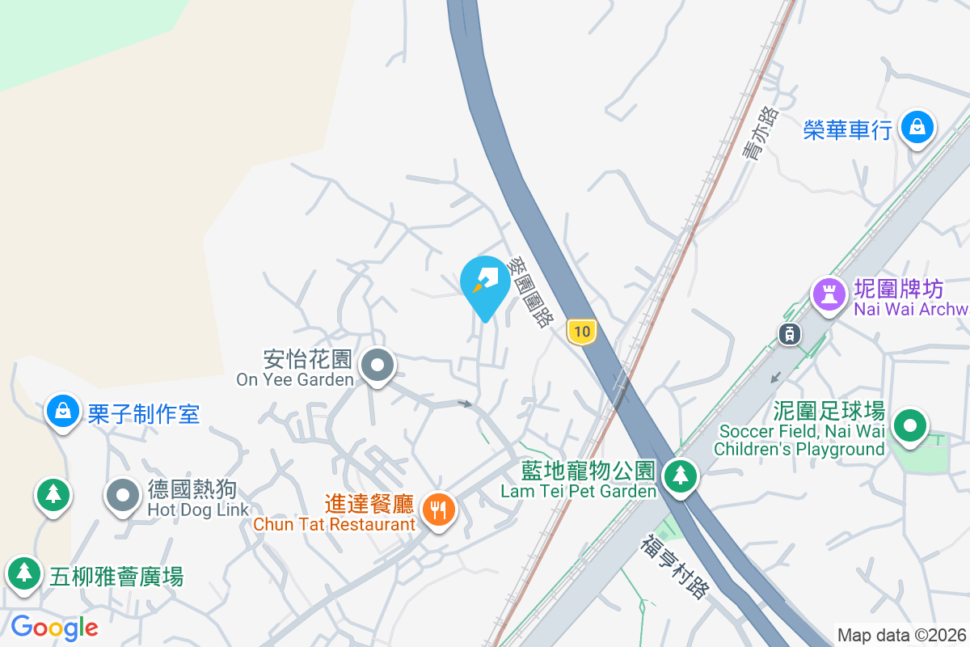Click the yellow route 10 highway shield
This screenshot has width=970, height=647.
tap(581, 331)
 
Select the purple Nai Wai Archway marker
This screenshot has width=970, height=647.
tap(829, 292)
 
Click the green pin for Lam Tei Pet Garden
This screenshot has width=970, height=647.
tap(681, 476)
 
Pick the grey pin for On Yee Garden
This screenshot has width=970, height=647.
tap(377, 365)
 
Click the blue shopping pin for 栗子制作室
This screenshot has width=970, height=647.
tap(62, 411)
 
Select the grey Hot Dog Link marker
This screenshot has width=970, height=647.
tap(123, 495)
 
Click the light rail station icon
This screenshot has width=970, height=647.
tap(790, 332)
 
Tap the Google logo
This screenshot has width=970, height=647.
tap(55, 627)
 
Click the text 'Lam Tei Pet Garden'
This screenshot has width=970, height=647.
tap(578, 491)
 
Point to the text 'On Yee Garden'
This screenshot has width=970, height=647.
tap(295, 379)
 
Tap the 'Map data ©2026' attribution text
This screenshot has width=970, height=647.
tap(901, 635)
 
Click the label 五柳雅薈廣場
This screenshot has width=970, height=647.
tap(116, 577)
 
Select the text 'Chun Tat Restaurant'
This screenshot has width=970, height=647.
tap(334, 524)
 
